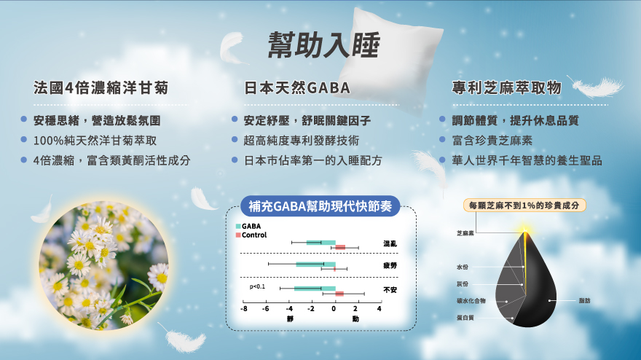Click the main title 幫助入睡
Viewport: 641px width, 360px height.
323,45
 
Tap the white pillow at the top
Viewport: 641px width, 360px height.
390,58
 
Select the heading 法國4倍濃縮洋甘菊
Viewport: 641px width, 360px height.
101,87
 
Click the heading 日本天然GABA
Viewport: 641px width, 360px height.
297,88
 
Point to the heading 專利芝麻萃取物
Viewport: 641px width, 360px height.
506,87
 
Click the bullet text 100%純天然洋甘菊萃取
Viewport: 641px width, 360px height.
95,141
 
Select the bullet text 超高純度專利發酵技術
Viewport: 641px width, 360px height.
302,141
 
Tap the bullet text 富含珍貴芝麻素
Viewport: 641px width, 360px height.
492,141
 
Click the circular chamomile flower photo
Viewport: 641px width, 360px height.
103,265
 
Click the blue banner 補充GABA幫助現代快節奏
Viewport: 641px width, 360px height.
320,206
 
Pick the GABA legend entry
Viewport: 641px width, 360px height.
248,226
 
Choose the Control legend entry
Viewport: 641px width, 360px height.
251,235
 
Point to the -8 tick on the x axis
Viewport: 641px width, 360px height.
244,309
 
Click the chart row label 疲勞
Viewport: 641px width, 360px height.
390,265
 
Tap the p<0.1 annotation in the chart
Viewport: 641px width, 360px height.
257,286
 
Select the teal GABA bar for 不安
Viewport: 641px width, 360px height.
315,289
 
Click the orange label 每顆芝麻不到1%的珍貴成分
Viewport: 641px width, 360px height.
524,206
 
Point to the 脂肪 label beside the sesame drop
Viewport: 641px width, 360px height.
585,301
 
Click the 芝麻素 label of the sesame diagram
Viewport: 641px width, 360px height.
465,233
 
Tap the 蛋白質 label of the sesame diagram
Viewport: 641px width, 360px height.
465,318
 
